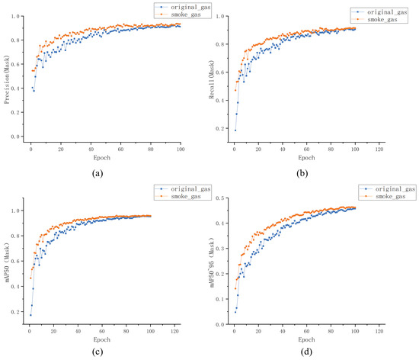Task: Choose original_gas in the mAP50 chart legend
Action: click(183, 188)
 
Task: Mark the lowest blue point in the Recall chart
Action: click(235, 130)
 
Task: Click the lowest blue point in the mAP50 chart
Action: click(30, 315)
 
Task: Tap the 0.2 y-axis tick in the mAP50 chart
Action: click(19, 312)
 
